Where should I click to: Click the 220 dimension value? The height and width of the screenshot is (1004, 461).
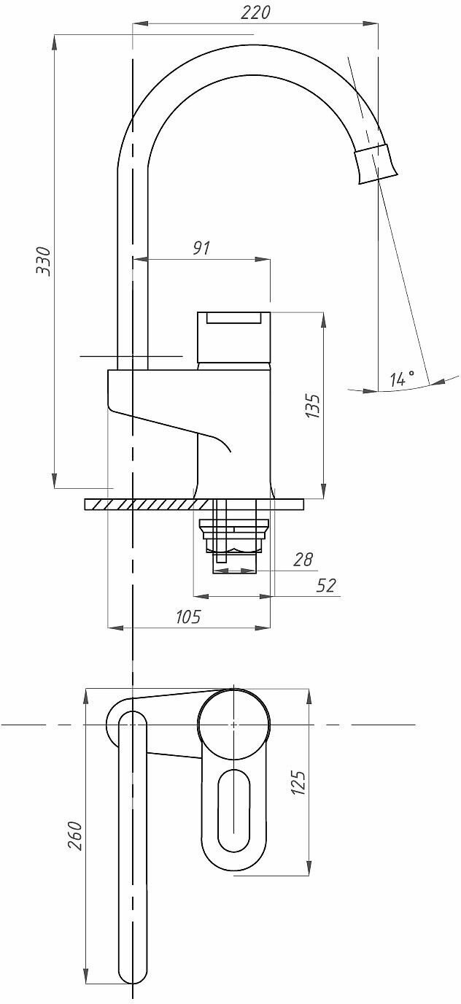255,12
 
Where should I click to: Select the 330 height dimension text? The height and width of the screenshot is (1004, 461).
44,260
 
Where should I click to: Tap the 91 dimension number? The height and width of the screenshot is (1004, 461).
201,247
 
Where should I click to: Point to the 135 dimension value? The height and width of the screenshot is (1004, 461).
311,406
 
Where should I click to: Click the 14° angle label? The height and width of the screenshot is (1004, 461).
402,379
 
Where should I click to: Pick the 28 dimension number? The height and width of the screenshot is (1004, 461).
303,560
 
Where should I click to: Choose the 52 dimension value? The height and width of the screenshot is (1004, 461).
327,585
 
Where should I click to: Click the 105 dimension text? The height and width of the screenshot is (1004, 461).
188,617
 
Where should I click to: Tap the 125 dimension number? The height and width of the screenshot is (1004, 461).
298,781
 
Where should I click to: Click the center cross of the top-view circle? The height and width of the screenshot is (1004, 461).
234,725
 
